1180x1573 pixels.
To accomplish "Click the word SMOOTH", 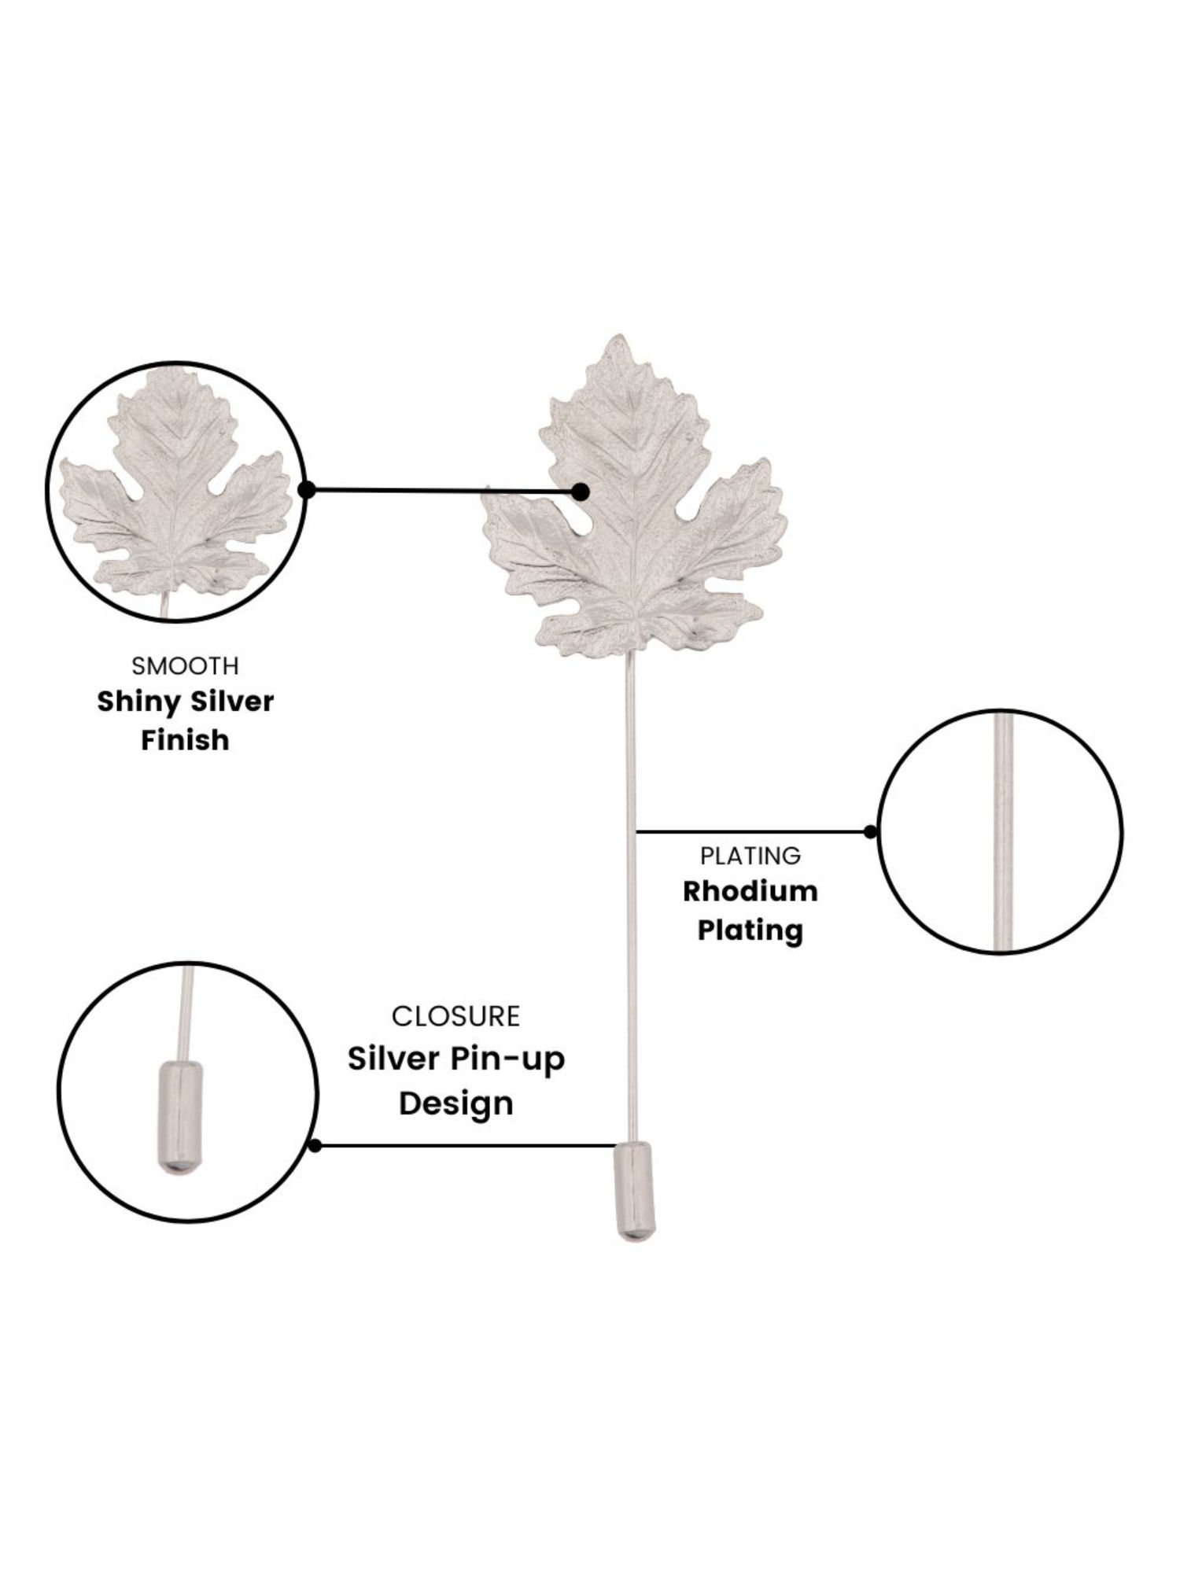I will pos(185,666).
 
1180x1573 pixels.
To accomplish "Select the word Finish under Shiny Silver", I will pos(185,740).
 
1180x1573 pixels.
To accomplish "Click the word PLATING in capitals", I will pos(750,855).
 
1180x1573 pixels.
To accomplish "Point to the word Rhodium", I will pos(750,892).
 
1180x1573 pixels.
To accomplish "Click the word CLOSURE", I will pos(455,1016).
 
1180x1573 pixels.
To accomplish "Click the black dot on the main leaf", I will pos(581,492).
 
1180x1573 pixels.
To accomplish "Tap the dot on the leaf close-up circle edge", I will pos(308,490).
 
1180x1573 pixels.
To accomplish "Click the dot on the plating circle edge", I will pos(870,831).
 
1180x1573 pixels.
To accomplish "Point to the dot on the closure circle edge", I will pos(315,1146).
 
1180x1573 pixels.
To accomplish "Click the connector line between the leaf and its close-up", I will pos(441,491).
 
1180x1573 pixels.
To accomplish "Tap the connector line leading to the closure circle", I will pos(464,1146).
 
